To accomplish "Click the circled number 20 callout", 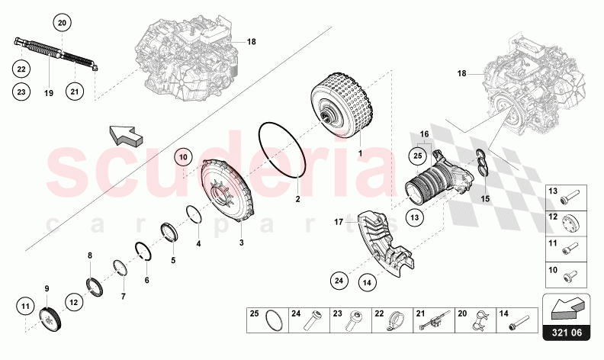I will point(63,24).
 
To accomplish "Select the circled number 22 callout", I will point(21,69).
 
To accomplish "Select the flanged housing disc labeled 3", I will point(226,194).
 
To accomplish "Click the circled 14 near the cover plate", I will point(367,282).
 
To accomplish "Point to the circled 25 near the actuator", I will point(417,156).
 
